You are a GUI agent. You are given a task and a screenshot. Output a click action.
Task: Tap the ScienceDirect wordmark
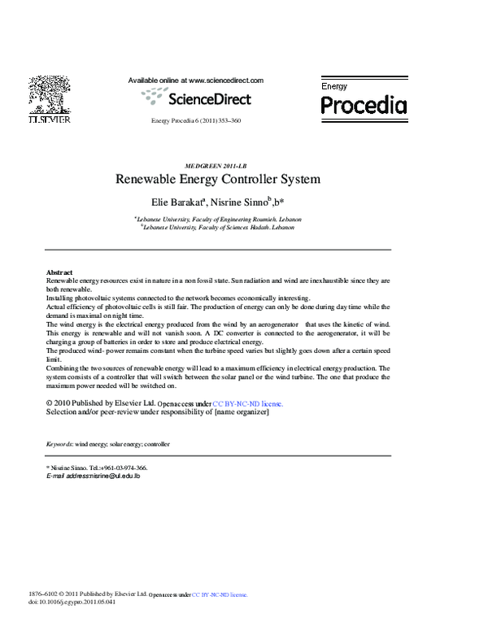[209, 98]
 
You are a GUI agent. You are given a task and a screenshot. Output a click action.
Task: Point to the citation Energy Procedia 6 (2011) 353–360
[196, 121]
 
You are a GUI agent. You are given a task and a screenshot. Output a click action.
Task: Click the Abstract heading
[59, 272]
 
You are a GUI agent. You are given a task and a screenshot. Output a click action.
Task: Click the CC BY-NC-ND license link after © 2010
[248, 403]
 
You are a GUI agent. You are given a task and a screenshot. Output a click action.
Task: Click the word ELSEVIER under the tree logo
[50, 120]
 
